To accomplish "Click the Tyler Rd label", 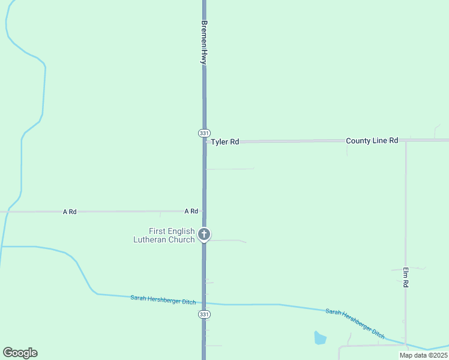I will [x=224, y=142].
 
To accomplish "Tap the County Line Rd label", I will [x=372, y=140].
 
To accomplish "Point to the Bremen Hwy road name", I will [x=204, y=43].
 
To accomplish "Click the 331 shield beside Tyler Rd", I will [x=204, y=133].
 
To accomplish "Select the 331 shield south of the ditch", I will [x=204, y=314].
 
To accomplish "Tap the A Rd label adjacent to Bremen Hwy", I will [x=191, y=211].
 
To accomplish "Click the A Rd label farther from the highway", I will [x=70, y=212].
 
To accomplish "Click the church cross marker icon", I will [x=204, y=234].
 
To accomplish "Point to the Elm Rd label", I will [x=406, y=277].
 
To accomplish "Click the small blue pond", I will [x=320, y=338].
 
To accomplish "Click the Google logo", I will [x=20, y=353].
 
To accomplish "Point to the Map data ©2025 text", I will [x=423, y=355].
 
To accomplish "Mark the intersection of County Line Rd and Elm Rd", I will [x=406, y=141].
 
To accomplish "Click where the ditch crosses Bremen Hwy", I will [x=204, y=303].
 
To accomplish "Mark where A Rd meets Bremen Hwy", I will [x=204, y=211].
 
